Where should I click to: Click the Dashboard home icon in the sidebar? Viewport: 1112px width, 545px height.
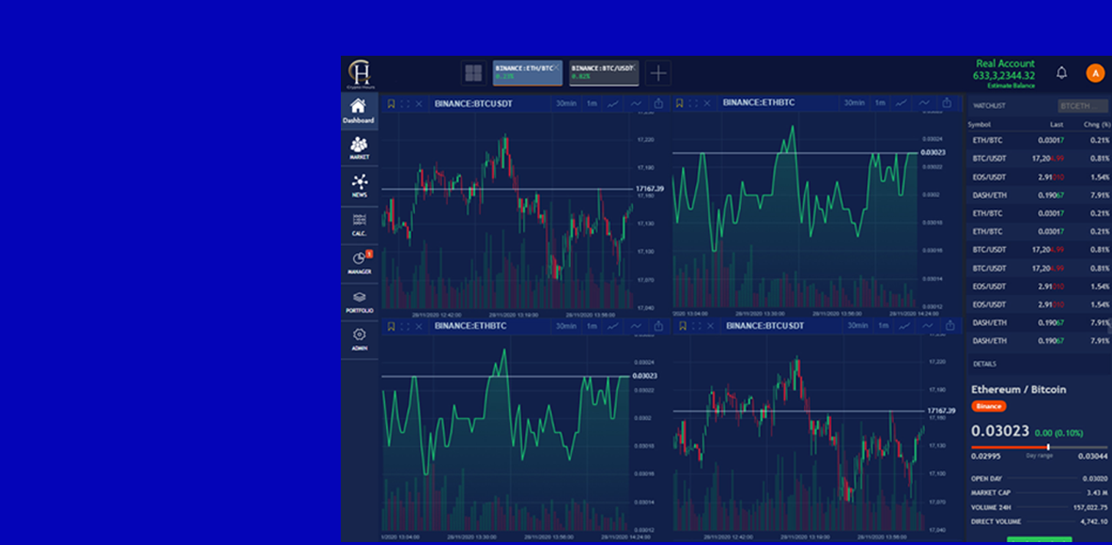[358, 107]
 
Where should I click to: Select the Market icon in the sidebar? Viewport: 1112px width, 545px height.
[358, 145]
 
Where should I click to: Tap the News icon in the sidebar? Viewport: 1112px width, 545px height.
[359, 183]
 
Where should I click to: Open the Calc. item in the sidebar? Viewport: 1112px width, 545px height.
[359, 222]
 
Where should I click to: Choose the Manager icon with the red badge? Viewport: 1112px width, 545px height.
[359, 259]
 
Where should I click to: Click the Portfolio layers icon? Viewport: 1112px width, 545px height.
[359, 298]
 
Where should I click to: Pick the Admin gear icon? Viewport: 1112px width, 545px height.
[359, 335]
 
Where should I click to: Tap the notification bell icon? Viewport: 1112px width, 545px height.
[1061, 73]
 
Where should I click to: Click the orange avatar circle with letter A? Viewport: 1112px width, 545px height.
[1095, 73]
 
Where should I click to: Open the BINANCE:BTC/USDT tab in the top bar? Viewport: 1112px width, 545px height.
[603, 72]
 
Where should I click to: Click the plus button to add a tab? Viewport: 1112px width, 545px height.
[658, 73]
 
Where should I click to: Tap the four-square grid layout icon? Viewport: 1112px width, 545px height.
[474, 73]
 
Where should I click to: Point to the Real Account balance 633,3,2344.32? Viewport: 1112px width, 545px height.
[1004, 76]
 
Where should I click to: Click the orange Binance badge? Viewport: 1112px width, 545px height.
[988, 406]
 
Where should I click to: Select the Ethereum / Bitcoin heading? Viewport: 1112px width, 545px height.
[1018, 389]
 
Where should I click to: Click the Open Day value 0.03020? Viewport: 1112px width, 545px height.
[1094, 479]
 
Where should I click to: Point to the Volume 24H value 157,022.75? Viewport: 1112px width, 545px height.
[1089, 507]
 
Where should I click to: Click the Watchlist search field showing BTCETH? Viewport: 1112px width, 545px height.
[1082, 106]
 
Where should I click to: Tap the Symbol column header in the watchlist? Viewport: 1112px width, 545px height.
[979, 125]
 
